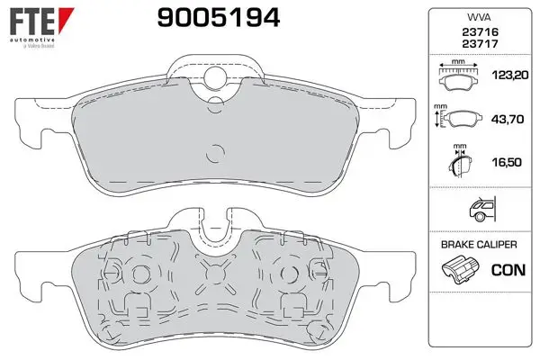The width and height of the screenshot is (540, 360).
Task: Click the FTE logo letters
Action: (32, 22)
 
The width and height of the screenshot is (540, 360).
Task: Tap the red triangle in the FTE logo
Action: (66, 19)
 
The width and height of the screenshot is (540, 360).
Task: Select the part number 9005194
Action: (219, 18)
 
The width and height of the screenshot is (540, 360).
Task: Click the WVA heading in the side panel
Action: (479, 18)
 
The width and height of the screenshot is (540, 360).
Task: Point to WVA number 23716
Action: (480, 32)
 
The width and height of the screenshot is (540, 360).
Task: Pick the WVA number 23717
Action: (480, 44)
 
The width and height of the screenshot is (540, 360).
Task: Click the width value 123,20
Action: (510, 75)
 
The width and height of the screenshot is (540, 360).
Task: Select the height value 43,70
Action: (508, 119)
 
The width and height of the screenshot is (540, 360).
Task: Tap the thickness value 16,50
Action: (507, 162)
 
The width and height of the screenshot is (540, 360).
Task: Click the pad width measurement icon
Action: (458, 76)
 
